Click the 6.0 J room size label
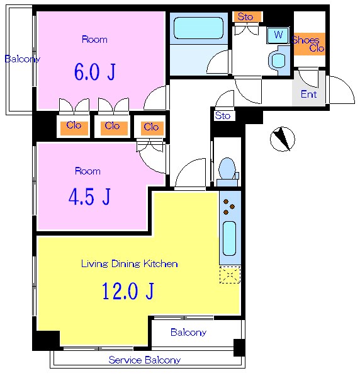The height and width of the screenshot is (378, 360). (x=94, y=72)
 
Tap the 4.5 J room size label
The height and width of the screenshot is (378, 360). (x=89, y=197)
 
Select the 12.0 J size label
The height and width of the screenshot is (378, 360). (x=128, y=291)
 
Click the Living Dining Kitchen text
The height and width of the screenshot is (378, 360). (x=129, y=263)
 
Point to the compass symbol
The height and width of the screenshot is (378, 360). (x=282, y=139)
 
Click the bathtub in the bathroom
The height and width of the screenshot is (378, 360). (x=198, y=28)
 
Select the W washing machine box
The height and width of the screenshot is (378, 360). (x=278, y=35)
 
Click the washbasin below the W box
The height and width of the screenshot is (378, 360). (x=278, y=60)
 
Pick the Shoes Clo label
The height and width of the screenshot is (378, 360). (x=308, y=44)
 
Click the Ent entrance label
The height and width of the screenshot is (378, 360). (x=309, y=94)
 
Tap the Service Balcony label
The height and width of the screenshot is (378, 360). (x=145, y=360)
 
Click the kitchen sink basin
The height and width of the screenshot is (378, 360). (x=229, y=238)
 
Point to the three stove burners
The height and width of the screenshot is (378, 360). (x=228, y=207)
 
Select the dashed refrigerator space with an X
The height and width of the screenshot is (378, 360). (x=230, y=275)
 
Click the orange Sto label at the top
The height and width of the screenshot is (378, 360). (x=245, y=16)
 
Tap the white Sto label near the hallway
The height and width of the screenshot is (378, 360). (x=223, y=116)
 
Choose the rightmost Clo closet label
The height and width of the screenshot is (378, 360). (x=151, y=127)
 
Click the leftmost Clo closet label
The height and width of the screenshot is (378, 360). (x=74, y=125)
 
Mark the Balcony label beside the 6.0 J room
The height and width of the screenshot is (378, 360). (x=23, y=59)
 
